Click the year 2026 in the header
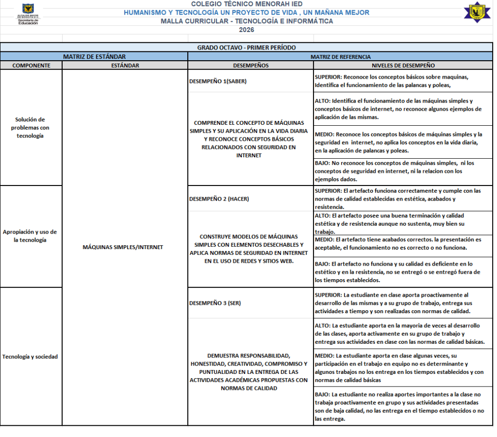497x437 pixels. point(246,30)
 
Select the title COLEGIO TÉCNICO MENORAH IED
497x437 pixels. point(247,4)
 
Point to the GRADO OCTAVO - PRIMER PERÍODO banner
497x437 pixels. point(246,48)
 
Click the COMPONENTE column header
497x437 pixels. point(31,66)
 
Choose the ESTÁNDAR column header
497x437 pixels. point(125,66)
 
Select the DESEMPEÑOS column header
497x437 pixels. point(250,66)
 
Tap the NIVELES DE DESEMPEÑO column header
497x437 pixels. point(403,66)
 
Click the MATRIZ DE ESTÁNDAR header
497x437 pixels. point(94,57)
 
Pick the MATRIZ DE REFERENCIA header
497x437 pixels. point(340,57)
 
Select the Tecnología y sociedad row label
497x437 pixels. point(30,356)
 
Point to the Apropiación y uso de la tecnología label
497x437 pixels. point(30,236)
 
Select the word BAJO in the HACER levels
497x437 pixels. point(323,264)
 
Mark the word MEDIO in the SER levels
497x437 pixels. point(324,355)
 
